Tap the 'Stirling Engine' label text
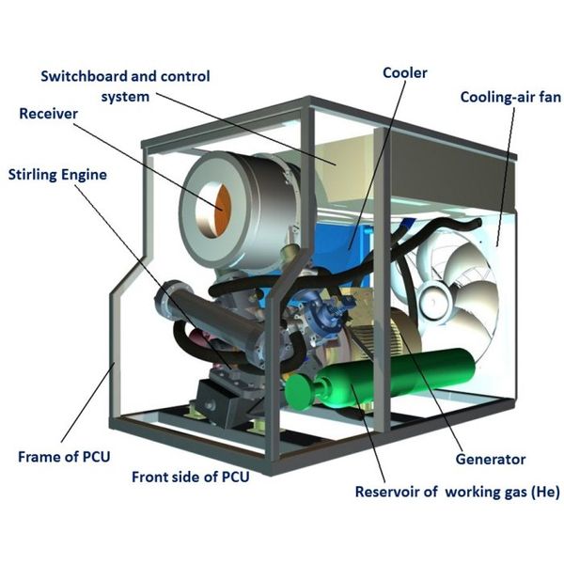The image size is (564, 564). [x=57, y=174]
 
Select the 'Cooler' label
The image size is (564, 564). [x=406, y=72]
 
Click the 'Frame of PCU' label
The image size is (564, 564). [x=64, y=458]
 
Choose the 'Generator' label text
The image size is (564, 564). [x=490, y=460]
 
